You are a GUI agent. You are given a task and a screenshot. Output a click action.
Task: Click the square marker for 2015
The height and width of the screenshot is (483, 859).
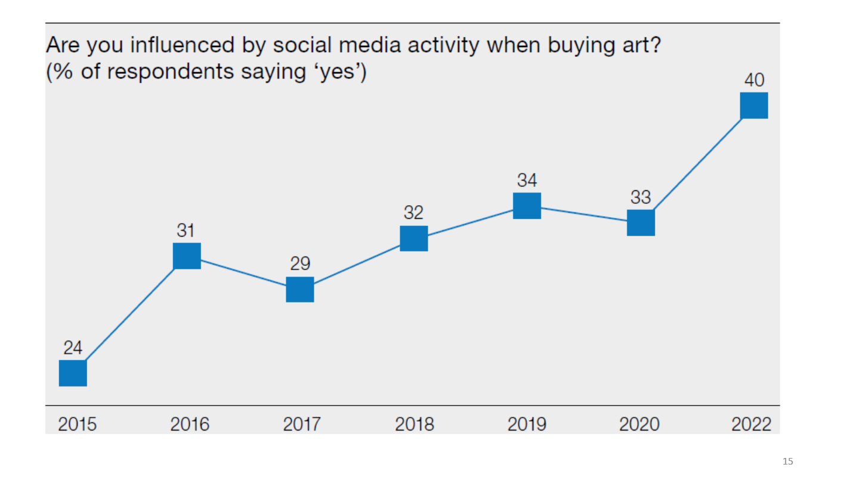73,373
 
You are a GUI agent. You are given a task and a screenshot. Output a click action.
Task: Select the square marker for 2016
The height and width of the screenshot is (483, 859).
187,256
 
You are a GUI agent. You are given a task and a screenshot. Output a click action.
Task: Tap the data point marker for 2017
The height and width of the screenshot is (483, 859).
300,289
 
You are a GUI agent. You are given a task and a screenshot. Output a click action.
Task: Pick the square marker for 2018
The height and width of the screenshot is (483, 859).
414,239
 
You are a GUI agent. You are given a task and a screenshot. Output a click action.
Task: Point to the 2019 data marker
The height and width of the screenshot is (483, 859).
527,206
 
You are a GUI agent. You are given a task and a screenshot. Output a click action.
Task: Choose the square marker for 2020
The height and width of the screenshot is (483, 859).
641,222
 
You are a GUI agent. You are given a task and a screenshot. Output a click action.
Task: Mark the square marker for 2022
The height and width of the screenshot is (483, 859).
754,106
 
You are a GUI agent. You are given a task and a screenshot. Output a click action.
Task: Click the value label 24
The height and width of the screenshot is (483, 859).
73,348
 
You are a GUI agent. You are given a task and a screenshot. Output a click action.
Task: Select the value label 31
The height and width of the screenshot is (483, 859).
187,230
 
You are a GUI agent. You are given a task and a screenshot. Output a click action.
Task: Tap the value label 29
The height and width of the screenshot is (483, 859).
300,264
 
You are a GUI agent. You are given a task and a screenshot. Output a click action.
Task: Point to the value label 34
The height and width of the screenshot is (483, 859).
527,180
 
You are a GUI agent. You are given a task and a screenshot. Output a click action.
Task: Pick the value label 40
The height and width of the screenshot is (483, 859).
755,80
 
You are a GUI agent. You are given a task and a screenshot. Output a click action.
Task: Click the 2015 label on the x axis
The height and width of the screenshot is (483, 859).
77,425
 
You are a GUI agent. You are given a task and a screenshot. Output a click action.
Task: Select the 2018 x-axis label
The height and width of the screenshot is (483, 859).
415,425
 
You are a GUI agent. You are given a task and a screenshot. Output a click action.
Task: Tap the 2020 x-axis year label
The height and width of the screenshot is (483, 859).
639,425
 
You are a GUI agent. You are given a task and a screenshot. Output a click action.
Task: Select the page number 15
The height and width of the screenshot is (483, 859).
788,461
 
